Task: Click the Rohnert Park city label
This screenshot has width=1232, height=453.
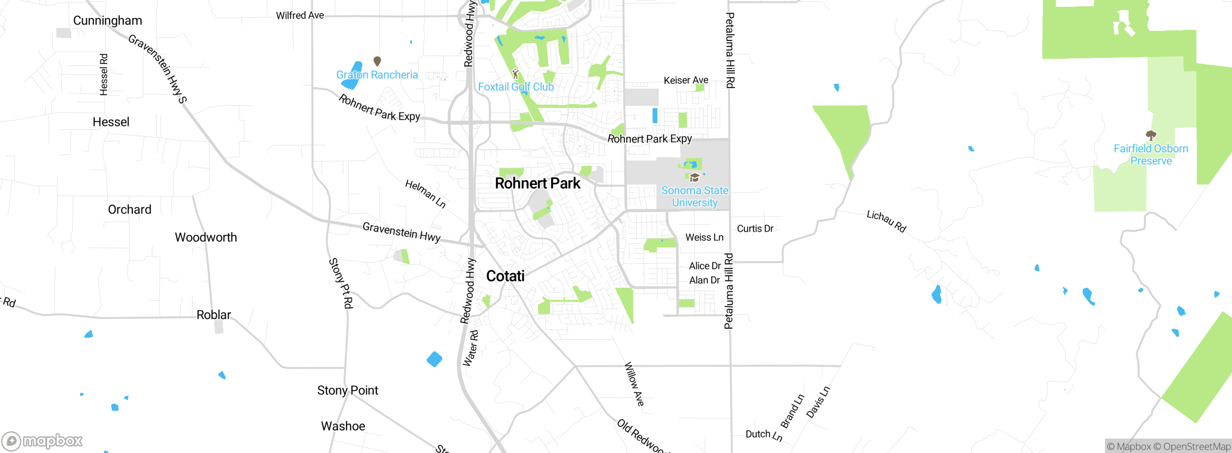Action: pyautogui.click(x=538, y=183)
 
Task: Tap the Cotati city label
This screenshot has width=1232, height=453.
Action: pyautogui.click(x=505, y=276)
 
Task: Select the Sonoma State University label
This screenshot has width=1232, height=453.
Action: pyautogui.click(x=694, y=197)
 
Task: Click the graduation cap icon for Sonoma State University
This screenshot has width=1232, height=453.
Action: pyautogui.click(x=694, y=178)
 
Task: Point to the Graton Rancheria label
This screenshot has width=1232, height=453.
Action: pyautogui.click(x=377, y=75)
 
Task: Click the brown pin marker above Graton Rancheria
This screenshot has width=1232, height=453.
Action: pyautogui.click(x=377, y=61)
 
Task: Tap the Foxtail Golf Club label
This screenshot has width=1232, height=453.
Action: pyautogui.click(x=515, y=87)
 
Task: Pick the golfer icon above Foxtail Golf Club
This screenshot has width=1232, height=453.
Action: pyautogui.click(x=515, y=74)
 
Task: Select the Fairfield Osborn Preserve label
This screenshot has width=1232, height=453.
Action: pyautogui.click(x=1151, y=155)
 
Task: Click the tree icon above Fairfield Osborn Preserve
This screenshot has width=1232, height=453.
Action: pyautogui.click(x=1151, y=135)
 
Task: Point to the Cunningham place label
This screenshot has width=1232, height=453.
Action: pyautogui.click(x=107, y=21)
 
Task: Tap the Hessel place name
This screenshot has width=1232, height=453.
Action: pyautogui.click(x=111, y=122)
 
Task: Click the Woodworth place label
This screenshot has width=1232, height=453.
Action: pyautogui.click(x=205, y=237)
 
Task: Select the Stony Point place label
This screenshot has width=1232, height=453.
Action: pyautogui.click(x=347, y=390)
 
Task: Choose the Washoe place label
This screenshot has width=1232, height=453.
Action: pyautogui.click(x=343, y=426)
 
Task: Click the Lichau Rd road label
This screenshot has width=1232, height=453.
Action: pyautogui.click(x=886, y=221)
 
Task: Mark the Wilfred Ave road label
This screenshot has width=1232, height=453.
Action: pyautogui.click(x=300, y=15)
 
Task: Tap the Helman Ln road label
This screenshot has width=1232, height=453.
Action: pyautogui.click(x=425, y=194)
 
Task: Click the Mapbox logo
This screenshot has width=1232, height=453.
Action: pyautogui.click(x=42, y=441)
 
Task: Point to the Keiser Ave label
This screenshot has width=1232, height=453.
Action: pyautogui.click(x=686, y=80)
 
